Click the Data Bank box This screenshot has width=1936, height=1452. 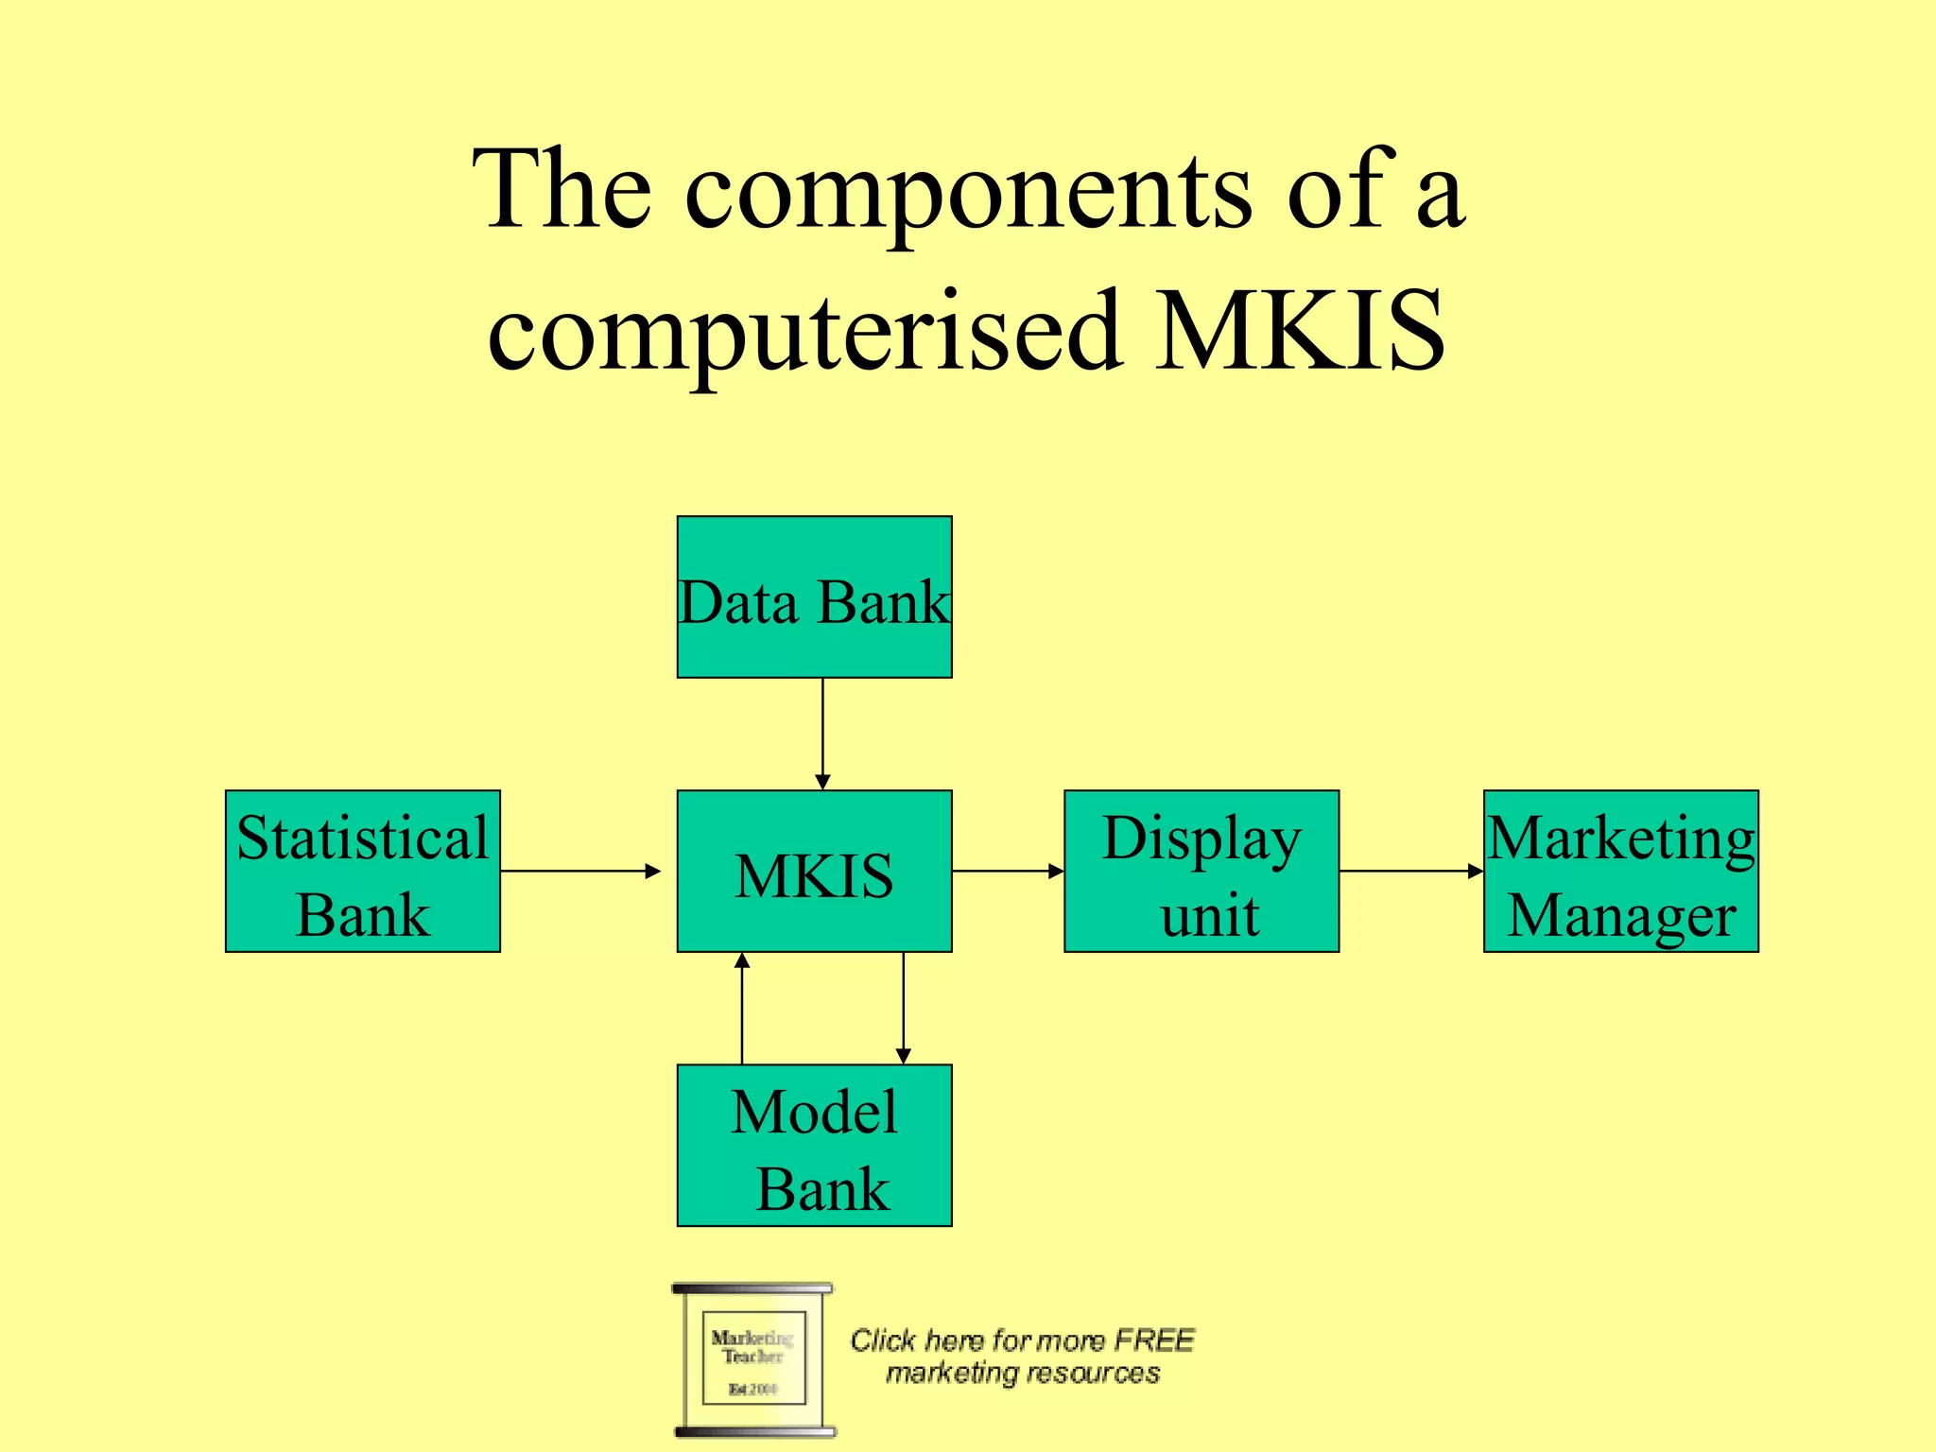814,596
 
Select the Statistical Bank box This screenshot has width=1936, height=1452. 363,871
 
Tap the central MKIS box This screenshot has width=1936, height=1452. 814,871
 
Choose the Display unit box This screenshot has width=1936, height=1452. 1201,871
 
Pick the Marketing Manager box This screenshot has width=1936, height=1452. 1620,871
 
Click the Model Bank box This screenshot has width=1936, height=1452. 814,1145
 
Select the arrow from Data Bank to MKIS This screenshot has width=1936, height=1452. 822,734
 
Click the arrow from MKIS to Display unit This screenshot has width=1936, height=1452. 1008,871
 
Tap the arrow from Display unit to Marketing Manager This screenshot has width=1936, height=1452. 1410,871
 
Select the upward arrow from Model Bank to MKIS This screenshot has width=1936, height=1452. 742,1008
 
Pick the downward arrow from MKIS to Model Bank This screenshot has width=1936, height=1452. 904,1008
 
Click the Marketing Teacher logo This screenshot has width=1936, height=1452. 753,1359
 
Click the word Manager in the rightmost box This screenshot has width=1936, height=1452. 1622,915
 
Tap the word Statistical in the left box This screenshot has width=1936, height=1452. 363,838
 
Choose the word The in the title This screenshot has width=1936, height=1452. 563,191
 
